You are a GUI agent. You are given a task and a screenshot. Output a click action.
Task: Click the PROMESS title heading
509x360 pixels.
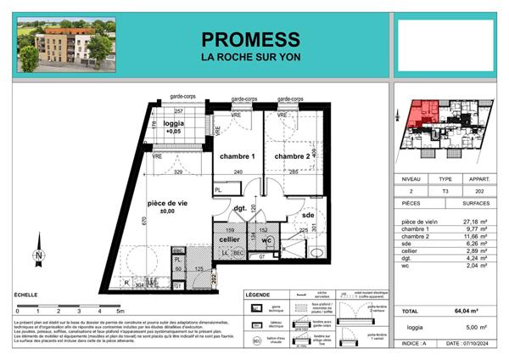250,39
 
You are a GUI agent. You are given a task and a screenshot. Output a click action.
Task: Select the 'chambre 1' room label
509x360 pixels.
238,157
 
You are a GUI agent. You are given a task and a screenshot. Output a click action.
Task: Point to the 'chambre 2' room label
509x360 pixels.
292,157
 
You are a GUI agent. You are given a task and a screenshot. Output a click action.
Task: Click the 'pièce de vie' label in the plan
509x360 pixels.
166,205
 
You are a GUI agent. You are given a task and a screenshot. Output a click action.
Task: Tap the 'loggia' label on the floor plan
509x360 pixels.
173,123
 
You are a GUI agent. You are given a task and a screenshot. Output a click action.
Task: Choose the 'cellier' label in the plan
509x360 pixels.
229,239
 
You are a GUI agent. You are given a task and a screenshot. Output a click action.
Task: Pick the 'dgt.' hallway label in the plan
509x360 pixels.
241,207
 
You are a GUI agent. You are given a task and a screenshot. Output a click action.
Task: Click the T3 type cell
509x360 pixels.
445,192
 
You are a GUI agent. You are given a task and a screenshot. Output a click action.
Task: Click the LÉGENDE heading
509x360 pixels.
258,295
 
